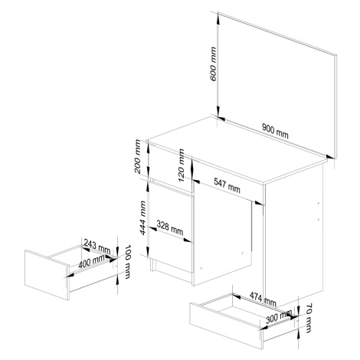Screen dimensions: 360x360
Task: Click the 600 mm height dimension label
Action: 213,64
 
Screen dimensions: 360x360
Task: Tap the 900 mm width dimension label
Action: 275,131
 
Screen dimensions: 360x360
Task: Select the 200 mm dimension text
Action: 137,156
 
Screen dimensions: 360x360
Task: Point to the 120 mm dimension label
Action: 181,165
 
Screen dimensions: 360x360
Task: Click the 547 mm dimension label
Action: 227,185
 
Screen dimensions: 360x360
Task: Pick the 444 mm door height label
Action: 142,218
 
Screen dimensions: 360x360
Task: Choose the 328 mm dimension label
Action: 170,227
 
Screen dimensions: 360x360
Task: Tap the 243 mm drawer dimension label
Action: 97,247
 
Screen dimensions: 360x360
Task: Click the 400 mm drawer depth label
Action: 92,261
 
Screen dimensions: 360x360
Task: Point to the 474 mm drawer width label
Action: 263,299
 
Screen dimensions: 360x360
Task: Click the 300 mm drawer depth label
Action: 279,316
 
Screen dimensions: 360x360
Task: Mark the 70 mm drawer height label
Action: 309,318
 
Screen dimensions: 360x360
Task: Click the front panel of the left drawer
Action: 47,275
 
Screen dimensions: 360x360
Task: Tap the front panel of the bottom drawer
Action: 226,326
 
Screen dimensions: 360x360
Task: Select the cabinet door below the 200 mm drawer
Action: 171,231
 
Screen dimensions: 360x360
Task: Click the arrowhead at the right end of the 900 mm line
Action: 329,156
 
